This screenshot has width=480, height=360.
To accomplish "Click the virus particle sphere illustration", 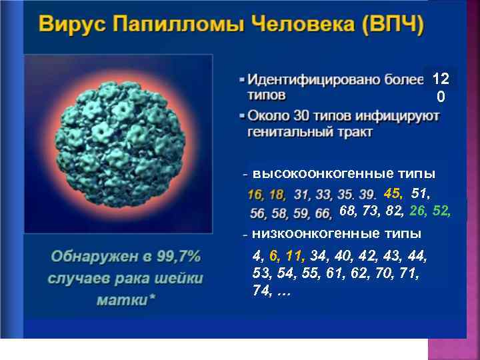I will (x=118, y=143).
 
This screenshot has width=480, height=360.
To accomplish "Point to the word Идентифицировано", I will (x=313, y=80).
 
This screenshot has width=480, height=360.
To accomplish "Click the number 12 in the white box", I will (x=441, y=79).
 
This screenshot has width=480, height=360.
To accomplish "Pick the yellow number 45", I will (x=393, y=193).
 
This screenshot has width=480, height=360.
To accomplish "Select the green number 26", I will (x=418, y=211).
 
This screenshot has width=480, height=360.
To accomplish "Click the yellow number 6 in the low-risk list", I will (x=273, y=255).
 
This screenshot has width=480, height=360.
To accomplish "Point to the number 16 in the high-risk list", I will (x=255, y=195).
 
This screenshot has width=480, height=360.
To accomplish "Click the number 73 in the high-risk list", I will (x=373, y=211).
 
